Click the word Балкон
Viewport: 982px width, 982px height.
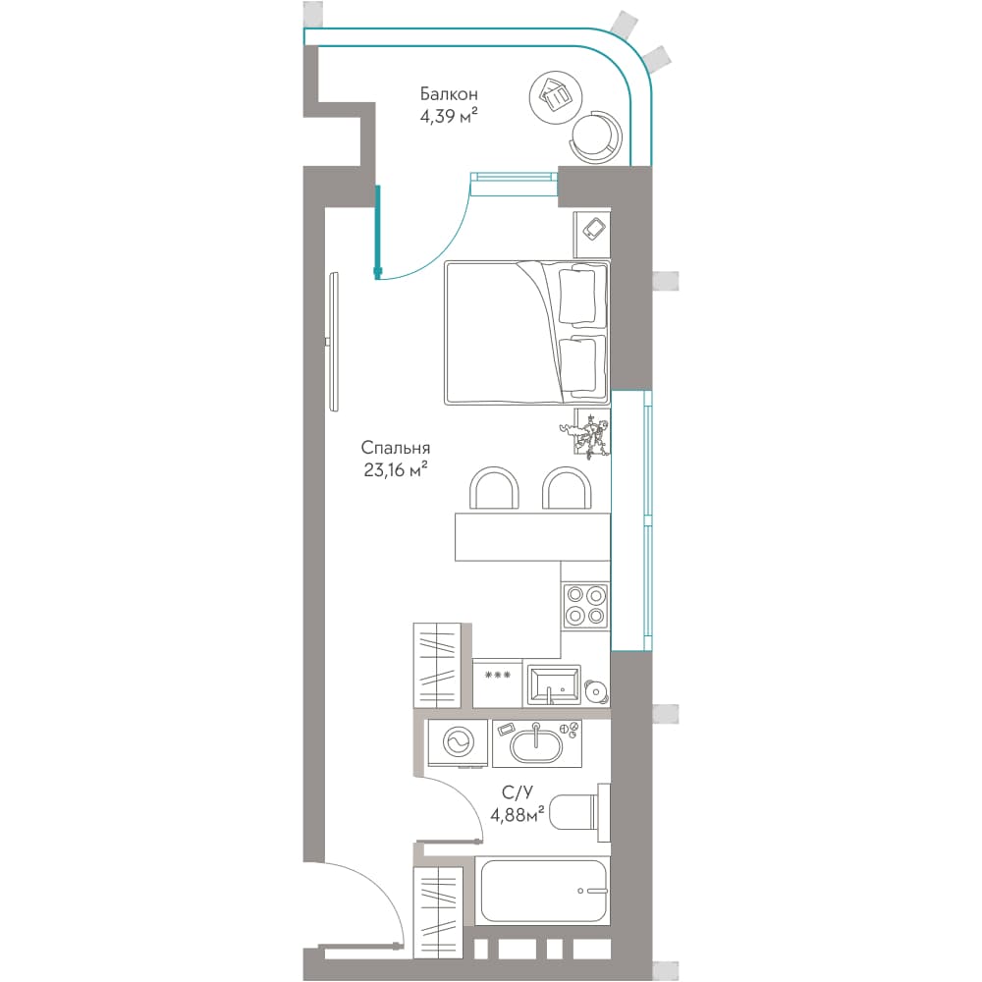click(x=449, y=94)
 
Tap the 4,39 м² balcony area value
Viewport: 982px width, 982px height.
click(x=449, y=117)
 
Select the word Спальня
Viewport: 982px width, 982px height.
click(x=395, y=449)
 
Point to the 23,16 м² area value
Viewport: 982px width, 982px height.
click(x=395, y=469)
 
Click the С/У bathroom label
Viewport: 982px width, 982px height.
click(x=518, y=793)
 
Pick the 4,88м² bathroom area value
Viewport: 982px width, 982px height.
click(x=518, y=815)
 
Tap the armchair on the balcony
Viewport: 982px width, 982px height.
click(x=597, y=137)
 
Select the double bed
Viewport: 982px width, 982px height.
click(x=526, y=333)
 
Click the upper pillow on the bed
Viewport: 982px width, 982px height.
click(x=576, y=296)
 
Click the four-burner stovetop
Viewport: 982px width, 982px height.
click(x=585, y=606)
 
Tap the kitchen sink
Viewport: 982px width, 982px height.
click(x=554, y=686)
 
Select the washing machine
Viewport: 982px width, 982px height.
click(x=458, y=742)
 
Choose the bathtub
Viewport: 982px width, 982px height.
click(x=542, y=892)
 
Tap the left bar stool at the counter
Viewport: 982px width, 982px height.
click(x=494, y=488)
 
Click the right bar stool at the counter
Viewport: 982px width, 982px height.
click(x=567, y=488)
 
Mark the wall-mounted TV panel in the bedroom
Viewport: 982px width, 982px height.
click(x=333, y=342)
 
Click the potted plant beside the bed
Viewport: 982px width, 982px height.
click(x=587, y=432)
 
